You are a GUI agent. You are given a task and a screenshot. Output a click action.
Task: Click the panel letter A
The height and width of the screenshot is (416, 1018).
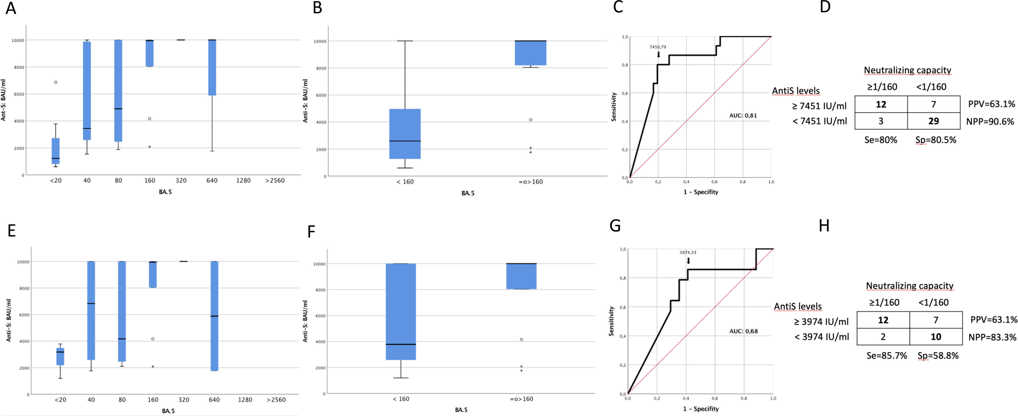click(x=11, y=8)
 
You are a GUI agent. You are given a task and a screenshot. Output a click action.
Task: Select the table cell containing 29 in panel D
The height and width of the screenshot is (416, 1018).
click(x=933, y=121)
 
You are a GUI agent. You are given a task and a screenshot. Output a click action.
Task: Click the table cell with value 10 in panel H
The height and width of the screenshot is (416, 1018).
click(x=936, y=337)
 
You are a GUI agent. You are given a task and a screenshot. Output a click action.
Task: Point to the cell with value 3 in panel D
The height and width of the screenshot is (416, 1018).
click(x=881, y=121)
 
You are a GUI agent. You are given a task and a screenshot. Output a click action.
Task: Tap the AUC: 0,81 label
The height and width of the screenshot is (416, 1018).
click(x=743, y=116)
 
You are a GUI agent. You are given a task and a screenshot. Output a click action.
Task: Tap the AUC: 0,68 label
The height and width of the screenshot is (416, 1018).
click(x=743, y=331)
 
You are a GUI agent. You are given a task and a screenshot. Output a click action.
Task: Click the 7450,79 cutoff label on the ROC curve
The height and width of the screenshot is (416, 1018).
click(x=657, y=47)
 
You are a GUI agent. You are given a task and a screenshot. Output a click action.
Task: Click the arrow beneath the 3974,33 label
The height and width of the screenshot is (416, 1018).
click(x=688, y=261)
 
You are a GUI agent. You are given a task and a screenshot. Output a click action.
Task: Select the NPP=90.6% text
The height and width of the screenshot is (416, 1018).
click(x=990, y=121)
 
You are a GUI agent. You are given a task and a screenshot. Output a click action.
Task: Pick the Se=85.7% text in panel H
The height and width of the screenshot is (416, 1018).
click(x=886, y=356)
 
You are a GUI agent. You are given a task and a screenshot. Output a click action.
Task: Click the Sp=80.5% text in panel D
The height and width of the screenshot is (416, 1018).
click(x=936, y=140)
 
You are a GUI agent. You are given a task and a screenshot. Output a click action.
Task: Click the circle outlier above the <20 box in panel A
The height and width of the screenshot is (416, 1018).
click(x=56, y=82)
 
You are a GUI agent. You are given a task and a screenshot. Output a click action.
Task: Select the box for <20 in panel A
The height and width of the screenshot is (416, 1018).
click(x=56, y=151)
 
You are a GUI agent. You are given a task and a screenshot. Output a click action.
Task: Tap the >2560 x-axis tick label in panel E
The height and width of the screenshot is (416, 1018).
click(x=276, y=400)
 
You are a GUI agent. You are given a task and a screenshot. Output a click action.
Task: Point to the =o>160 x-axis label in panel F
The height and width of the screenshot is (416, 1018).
click(x=521, y=399)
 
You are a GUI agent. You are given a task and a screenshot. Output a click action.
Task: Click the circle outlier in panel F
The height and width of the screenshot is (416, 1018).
click(x=521, y=339)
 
